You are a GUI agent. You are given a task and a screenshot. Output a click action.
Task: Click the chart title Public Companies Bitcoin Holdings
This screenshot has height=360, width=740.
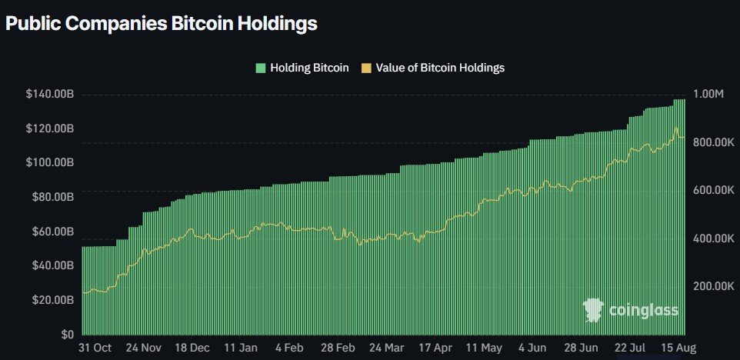pos(161,24)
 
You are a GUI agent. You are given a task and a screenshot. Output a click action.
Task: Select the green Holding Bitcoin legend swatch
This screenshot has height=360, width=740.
pos(261,68)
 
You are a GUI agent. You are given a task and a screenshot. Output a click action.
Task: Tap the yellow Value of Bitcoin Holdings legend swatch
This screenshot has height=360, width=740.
pos(366,68)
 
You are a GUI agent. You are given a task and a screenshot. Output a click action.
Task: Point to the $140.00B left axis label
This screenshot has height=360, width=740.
pos(50,94)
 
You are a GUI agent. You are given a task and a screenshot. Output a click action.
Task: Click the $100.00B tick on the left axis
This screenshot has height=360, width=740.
pos(50,162)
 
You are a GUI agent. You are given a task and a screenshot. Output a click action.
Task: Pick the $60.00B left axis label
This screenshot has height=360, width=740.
pos(52,232)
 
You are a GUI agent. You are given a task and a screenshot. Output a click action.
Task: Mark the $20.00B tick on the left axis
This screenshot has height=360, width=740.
pos(52,300)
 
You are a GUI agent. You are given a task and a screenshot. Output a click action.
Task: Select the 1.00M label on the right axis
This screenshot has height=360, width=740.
pos(708,94)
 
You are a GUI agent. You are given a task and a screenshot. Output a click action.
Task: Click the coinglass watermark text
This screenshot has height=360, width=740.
pos(643,310)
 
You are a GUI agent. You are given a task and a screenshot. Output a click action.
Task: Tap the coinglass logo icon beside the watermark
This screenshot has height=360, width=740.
pos(593,310)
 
